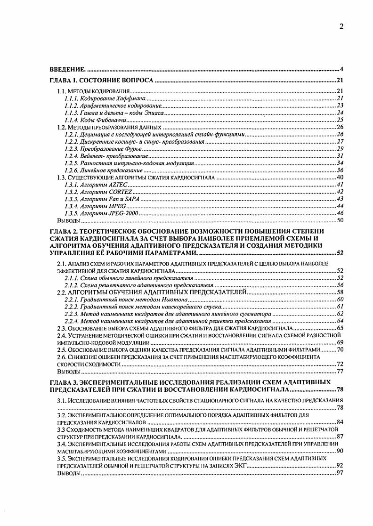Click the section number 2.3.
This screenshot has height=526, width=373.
click(x=61, y=328)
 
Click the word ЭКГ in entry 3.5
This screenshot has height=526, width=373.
click(x=240, y=465)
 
